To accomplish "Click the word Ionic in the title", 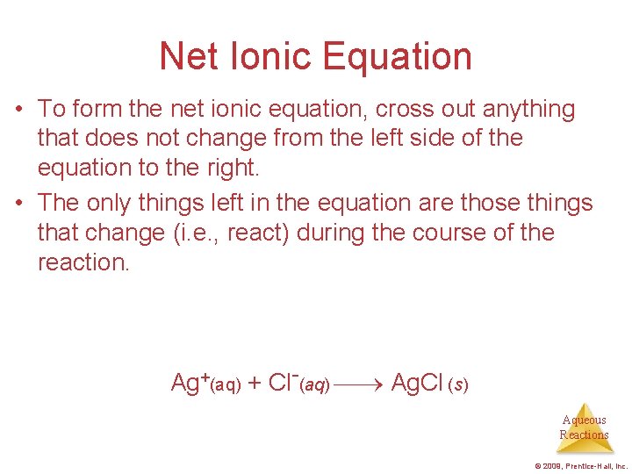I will click(x=262, y=56).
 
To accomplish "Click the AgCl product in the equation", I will click(x=416, y=383).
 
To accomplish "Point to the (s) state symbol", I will click(x=458, y=385).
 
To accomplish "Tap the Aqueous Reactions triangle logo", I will click(x=584, y=427).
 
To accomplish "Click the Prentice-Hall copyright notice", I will click(x=579, y=466).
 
